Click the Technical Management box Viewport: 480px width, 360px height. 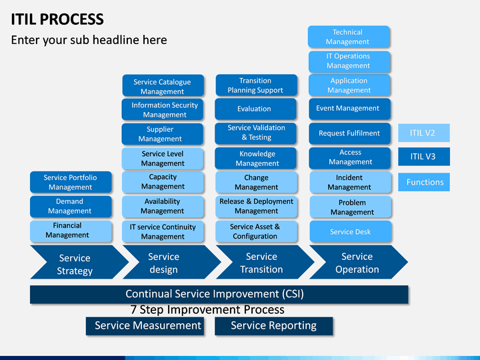tap(349, 37)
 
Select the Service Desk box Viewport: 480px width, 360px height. tap(351, 232)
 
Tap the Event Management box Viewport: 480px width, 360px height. tap(349, 109)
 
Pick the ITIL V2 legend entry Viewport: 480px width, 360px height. tap(424, 133)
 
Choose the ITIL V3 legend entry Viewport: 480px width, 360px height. tap(424, 157)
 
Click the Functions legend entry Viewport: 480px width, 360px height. tap(424, 182)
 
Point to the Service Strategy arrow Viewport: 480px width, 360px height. tap(79, 262)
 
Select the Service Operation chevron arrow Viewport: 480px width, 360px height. tap(359, 262)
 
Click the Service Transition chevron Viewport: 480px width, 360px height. tap(265, 262)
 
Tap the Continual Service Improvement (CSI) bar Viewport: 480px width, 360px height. tap(219, 295)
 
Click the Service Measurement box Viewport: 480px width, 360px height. tap(145, 326)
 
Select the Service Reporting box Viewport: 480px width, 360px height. tap(274, 326)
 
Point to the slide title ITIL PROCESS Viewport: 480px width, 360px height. tap(57, 19)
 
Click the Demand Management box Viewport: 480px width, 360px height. tap(71, 207)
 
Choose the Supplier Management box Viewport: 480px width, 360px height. tap(162, 134)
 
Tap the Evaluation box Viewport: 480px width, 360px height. tap(255, 109)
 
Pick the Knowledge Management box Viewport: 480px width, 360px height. tap(255, 159)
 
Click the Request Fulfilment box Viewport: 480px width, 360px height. tap(349, 133)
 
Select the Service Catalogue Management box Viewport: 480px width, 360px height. tap(163, 85)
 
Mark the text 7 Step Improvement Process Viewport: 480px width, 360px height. tap(207, 310)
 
